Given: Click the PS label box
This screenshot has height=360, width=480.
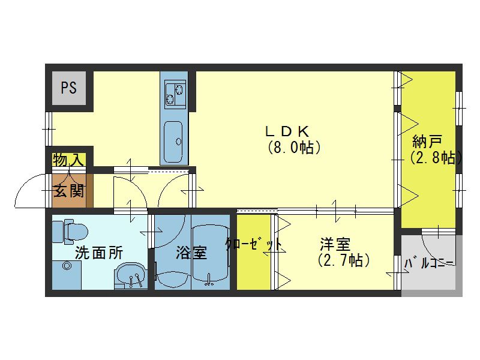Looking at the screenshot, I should pyautogui.click(x=68, y=88).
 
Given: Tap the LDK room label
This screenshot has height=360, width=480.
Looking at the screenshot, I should pyautogui.click(x=287, y=130).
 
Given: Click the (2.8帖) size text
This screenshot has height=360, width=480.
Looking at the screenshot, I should pyautogui.click(x=436, y=158).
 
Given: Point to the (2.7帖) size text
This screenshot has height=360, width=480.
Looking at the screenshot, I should pyautogui.click(x=342, y=260).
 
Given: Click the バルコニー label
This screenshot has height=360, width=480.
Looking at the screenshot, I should pyautogui.click(x=430, y=263).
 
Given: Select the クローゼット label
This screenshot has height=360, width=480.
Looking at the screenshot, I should pyautogui.click(x=254, y=245).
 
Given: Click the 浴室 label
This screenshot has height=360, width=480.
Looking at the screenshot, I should pyautogui.click(x=191, y=253).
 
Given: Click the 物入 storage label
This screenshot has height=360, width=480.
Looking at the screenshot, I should pyautogui.click(x=69, y=160).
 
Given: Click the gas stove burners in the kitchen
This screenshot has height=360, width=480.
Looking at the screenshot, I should pyautogui.click(x=174, y=91).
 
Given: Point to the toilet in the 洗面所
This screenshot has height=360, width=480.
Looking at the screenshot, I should pyautogui.click(x=69, y=230).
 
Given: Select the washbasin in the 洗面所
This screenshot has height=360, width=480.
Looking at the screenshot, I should pyautogui.click(x=130, y=276).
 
